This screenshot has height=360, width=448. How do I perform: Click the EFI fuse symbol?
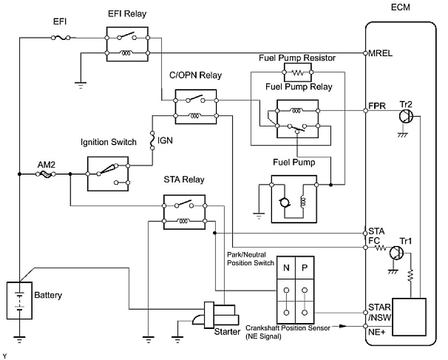coord(61,37)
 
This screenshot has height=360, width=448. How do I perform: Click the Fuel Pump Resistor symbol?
coord(298,72)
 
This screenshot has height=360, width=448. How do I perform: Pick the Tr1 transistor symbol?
coord(397,253)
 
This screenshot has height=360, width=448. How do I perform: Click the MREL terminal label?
coord(380,53)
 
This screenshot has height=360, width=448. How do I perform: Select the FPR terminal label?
coord(377,106)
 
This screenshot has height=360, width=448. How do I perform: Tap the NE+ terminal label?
coord(377,332)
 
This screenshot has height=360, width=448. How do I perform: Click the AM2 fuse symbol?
coord(46,174)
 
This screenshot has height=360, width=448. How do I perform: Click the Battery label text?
coord(48,295)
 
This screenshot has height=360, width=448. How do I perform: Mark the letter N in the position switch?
coord(286,268)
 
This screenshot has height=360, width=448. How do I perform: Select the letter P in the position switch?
coord(305,268)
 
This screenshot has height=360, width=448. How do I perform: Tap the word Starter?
coord(227,332)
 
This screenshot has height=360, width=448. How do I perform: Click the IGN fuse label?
coord(165,141)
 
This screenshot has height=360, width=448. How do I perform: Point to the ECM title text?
coord(400,7)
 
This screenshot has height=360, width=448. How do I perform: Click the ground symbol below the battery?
coord(19,339)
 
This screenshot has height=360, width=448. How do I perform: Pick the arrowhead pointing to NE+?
coord(343,326)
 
